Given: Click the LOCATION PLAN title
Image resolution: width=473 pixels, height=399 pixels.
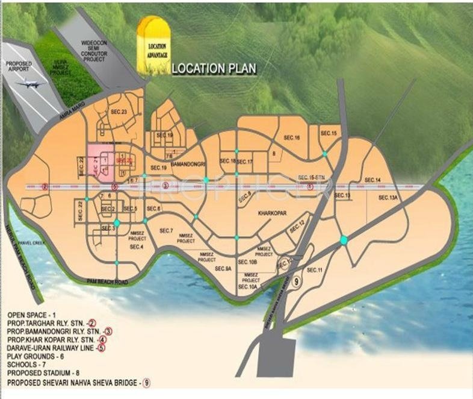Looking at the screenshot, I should (214, 68).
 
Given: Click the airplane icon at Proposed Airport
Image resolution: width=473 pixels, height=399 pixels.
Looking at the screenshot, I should (28, 84).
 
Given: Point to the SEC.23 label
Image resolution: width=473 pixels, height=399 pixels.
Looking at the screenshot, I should (118, 112).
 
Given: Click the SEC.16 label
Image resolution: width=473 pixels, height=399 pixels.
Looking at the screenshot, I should (292, 138).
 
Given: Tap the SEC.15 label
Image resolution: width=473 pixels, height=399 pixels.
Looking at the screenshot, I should (329, 133).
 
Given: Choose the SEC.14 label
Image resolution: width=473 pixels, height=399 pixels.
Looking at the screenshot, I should (373, 180).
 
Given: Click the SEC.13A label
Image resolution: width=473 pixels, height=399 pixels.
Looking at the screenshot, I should (388, 198).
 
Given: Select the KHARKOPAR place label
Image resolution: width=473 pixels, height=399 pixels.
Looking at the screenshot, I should (270, 213).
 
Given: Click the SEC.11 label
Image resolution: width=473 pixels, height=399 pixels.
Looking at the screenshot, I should (315, 269).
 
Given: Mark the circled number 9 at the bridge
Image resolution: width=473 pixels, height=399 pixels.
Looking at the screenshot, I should (295, 281).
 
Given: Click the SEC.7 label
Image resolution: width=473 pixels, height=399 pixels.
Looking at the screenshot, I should (167, 231).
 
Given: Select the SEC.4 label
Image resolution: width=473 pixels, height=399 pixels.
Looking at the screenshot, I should (136, 247).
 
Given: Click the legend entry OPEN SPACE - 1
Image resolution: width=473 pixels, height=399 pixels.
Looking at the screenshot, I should (32, 314).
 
